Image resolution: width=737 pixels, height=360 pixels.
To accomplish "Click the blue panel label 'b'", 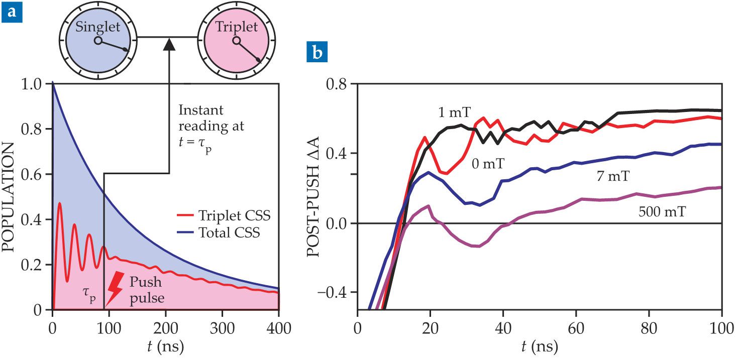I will pos(314,54).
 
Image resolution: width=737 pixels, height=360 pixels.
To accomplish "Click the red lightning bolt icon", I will pos(114,288).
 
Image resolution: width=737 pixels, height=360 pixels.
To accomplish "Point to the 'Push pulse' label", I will pos(149,290).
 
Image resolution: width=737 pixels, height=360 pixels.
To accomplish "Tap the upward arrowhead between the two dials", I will pos(169,44).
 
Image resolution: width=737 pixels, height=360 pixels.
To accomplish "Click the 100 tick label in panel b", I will pos(721,331).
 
